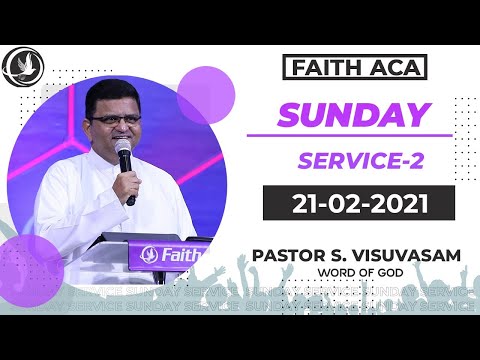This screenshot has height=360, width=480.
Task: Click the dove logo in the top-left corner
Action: (21, 67)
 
